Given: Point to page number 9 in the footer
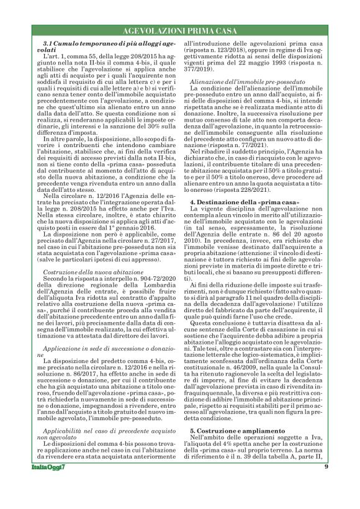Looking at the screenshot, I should click(x=326, y=484).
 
